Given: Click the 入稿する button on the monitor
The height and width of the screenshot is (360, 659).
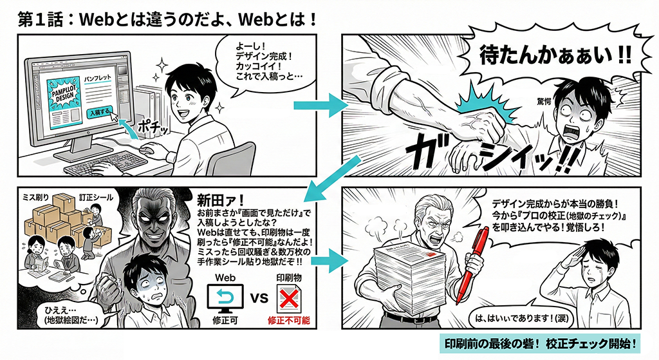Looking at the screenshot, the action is point(100,112).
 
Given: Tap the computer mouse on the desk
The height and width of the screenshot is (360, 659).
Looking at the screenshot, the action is point(147,149).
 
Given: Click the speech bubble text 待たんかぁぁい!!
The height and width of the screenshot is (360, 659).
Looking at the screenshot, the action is point(555,56).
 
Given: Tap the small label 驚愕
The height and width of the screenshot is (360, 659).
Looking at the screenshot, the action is point(544,101).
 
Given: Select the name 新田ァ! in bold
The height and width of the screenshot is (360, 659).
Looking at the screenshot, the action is point(221,200).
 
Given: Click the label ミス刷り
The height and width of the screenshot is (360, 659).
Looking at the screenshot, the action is point(36,197).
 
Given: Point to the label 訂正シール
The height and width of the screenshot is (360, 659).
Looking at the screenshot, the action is point(97,197).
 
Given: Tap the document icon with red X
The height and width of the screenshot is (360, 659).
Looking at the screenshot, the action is point(288,299).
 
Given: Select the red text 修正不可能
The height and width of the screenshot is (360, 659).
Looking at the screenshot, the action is point(289,321).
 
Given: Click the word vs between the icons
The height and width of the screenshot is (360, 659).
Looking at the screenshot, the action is point(259,298).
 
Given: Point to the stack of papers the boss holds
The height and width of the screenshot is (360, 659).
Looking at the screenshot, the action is point(409,278).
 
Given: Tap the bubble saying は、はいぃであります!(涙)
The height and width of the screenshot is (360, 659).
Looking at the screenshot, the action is point(521,318).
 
